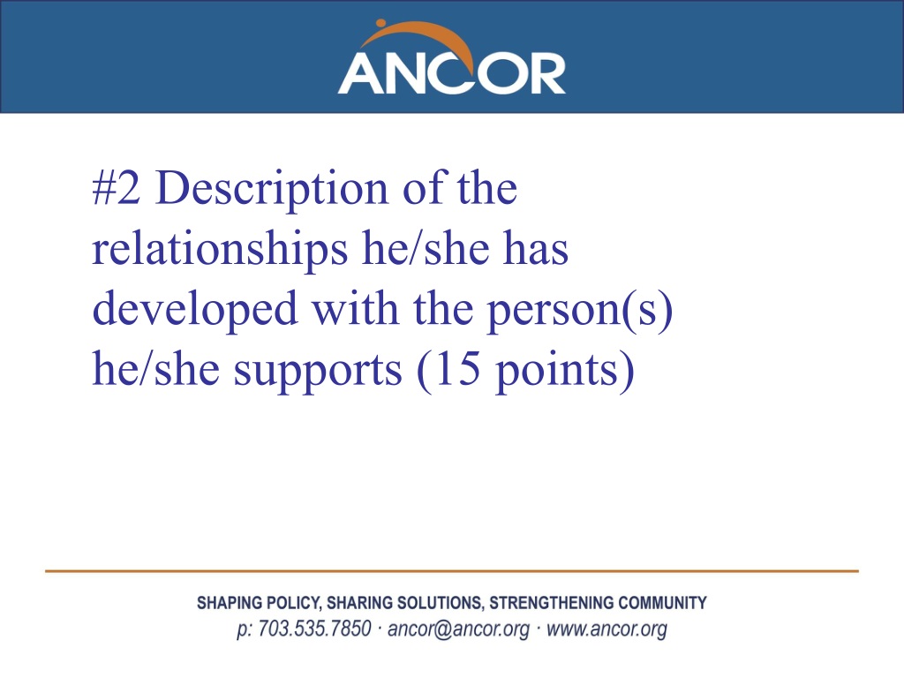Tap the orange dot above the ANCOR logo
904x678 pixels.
click(380, 24)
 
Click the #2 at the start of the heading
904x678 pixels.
click(116, 188)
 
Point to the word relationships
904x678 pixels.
click(220, 250)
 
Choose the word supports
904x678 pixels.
click(318, 372)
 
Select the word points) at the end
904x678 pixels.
click(566, 372)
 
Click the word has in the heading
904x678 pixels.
click(536, 248)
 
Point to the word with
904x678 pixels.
click(356, 308)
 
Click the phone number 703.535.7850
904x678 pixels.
click(314, 629)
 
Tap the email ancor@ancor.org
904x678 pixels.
click(458, 629)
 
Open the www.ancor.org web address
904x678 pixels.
click(606, 629)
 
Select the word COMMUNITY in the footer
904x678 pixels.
click(662, 603)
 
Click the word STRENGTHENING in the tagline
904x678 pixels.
click(551, 603)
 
